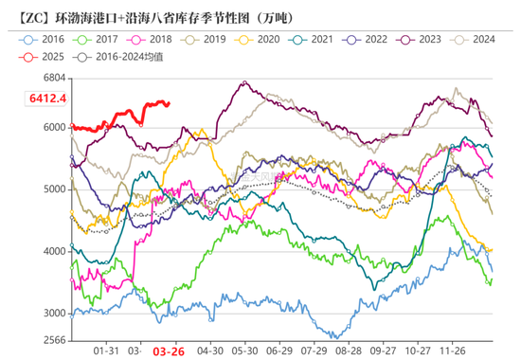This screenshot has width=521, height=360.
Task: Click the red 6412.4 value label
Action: (47, 98)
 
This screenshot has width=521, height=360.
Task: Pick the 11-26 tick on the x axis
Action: (464, 350)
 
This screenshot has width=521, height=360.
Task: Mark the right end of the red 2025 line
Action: (169, 104)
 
